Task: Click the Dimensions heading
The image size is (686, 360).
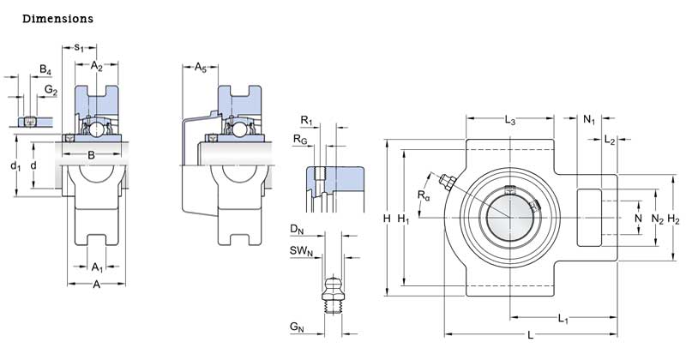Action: click(x=58, y=18)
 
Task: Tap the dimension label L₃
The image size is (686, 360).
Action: click(x=509, y=120)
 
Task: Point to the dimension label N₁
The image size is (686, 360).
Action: click(x=590, y=119)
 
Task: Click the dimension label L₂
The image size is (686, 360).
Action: click(x=610, y=139)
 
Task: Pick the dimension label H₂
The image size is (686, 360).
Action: click(x=674, y=219)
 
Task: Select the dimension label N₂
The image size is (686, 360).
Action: click(x=658, y=219)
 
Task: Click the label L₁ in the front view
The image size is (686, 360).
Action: click(x=563, y=319)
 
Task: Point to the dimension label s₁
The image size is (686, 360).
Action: click(x=79, y=47)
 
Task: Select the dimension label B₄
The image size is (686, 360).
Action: click(x=45, y=70)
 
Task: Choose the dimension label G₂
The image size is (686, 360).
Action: click(x=51, y=90)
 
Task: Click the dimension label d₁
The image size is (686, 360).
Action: click(x=15, y=165)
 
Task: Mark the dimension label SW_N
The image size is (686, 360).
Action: click(x=300, y=250)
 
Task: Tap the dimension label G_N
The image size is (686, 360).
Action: click(x=298, y=327)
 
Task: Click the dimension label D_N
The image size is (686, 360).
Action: click(x=297, y=229)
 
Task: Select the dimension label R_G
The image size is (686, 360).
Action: click(x=300, y=139)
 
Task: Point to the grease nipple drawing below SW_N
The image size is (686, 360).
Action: click(x=334, y=293)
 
